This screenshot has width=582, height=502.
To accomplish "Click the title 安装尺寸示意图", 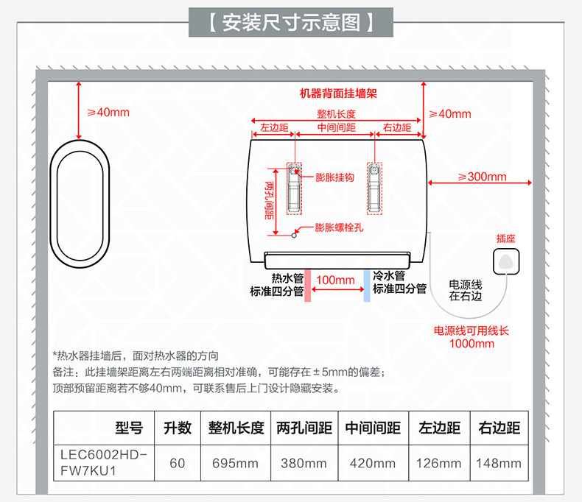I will [x=291, y=23].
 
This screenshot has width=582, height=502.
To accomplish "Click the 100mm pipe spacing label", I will [x=336, y=280].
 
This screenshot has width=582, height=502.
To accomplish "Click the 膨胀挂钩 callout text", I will [x=335, y=177].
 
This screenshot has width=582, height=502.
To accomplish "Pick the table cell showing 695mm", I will [x=234, y=463].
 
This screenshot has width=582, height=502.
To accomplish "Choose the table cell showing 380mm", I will [x=304, y=463].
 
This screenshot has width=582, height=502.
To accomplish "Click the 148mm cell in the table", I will [x=499, y=463].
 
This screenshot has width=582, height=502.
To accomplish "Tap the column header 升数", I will [x=178, y=428].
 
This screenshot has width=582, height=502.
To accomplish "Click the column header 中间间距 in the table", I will [x=374, y=428].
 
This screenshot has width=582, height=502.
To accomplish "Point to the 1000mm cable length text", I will [x=471, y=344].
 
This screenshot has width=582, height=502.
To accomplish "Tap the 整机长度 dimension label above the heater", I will [x=337, y=114].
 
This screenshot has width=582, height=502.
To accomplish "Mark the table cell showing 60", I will [x=178, y=463].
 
